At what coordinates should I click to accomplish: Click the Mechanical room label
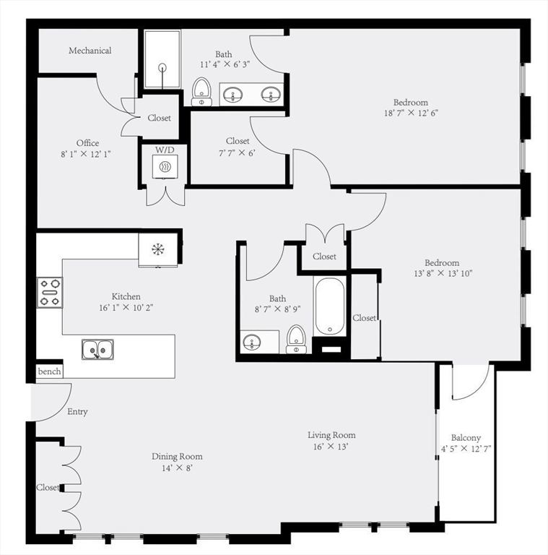pos(90,51)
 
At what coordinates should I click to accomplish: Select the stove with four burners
pos(50,293)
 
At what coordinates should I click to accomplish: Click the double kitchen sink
pos(97,350)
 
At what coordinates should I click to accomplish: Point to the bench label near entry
pos(50,371)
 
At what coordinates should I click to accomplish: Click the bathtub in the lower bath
pos(331,306)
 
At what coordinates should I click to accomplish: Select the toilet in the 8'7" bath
pos(296,338)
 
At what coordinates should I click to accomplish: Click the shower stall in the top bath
pos(162,61)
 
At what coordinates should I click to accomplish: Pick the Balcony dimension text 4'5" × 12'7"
pos(466,449)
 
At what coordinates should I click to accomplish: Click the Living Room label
pos(331,435)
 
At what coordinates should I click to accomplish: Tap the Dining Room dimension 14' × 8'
pos(177,468)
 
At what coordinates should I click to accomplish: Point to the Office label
pos(88,143)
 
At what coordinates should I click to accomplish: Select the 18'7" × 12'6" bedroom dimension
pos(411,113)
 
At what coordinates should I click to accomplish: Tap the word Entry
pos(77,412)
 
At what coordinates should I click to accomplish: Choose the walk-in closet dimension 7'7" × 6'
pos(238,152)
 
